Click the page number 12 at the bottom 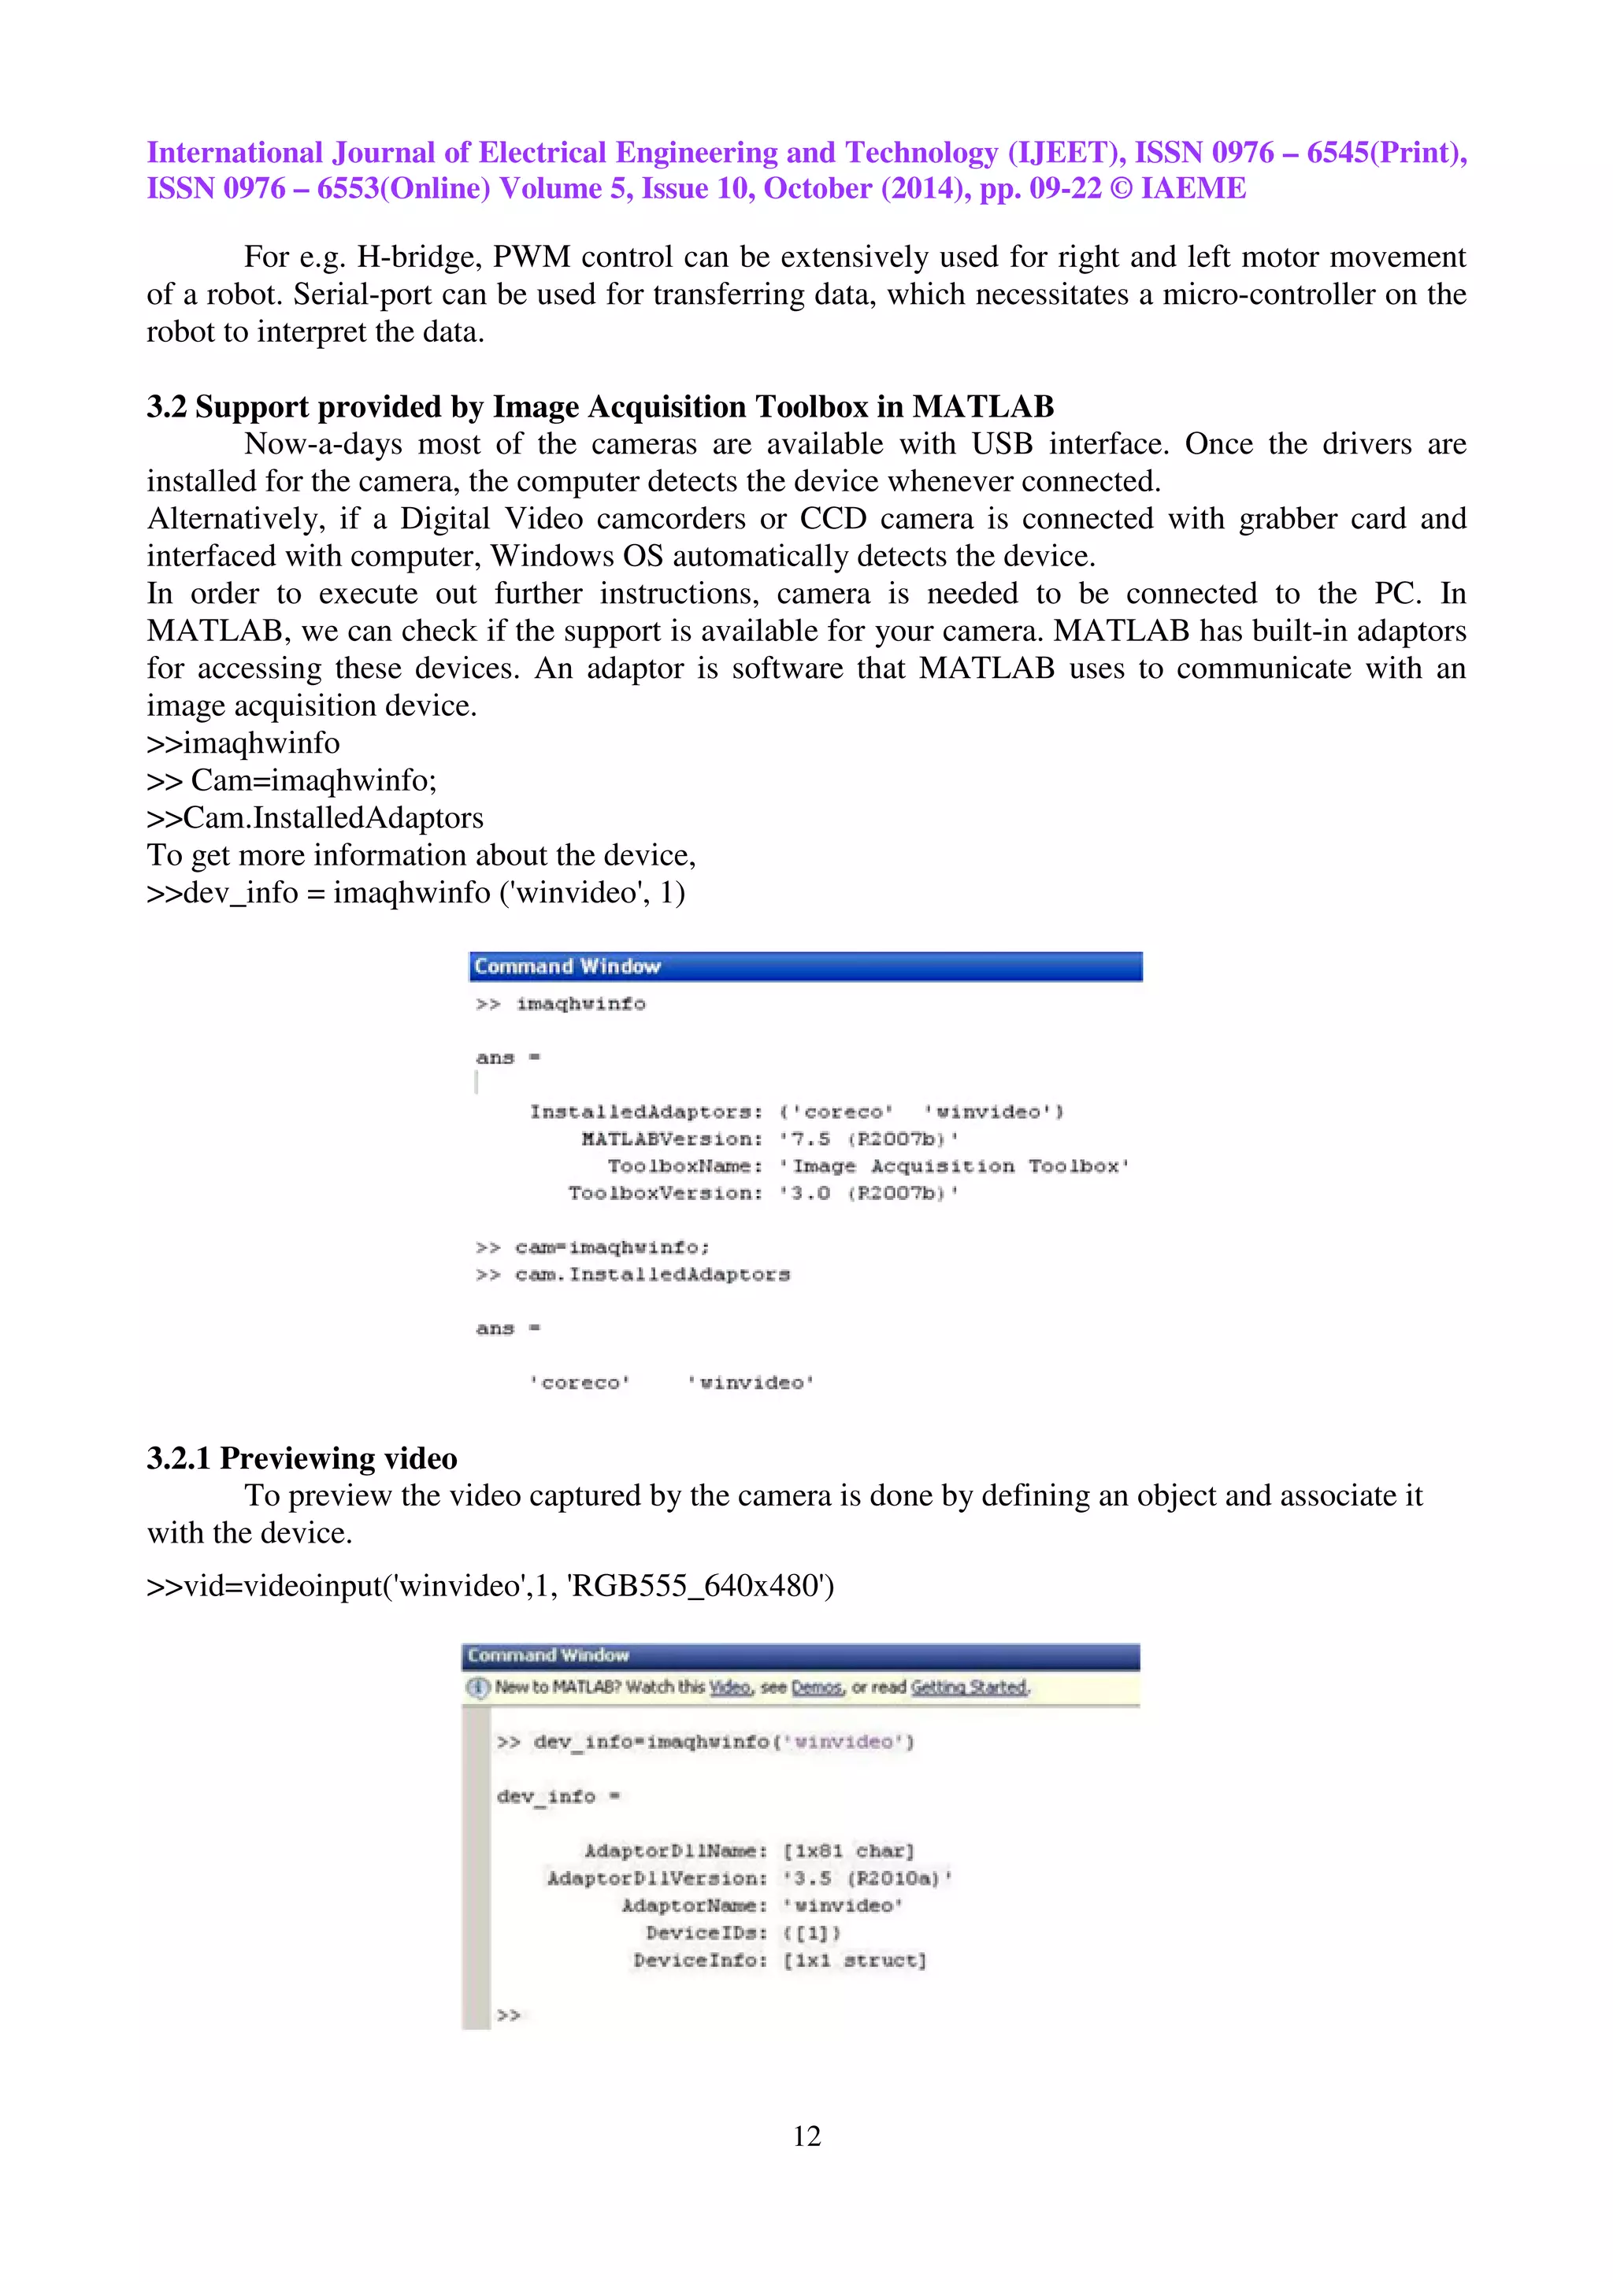[806, 2135]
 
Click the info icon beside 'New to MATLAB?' [479, 1687]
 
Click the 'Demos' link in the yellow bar [816, 1687]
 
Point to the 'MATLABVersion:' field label [671, 1139]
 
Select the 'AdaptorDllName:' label [675, 1850]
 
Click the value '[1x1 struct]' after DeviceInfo [854, 1960]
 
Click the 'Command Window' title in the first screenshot [566, 966]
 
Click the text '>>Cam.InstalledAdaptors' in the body [315, 817]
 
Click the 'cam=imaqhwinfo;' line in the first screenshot [611, 1247]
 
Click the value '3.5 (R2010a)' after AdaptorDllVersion [866, 1877]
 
